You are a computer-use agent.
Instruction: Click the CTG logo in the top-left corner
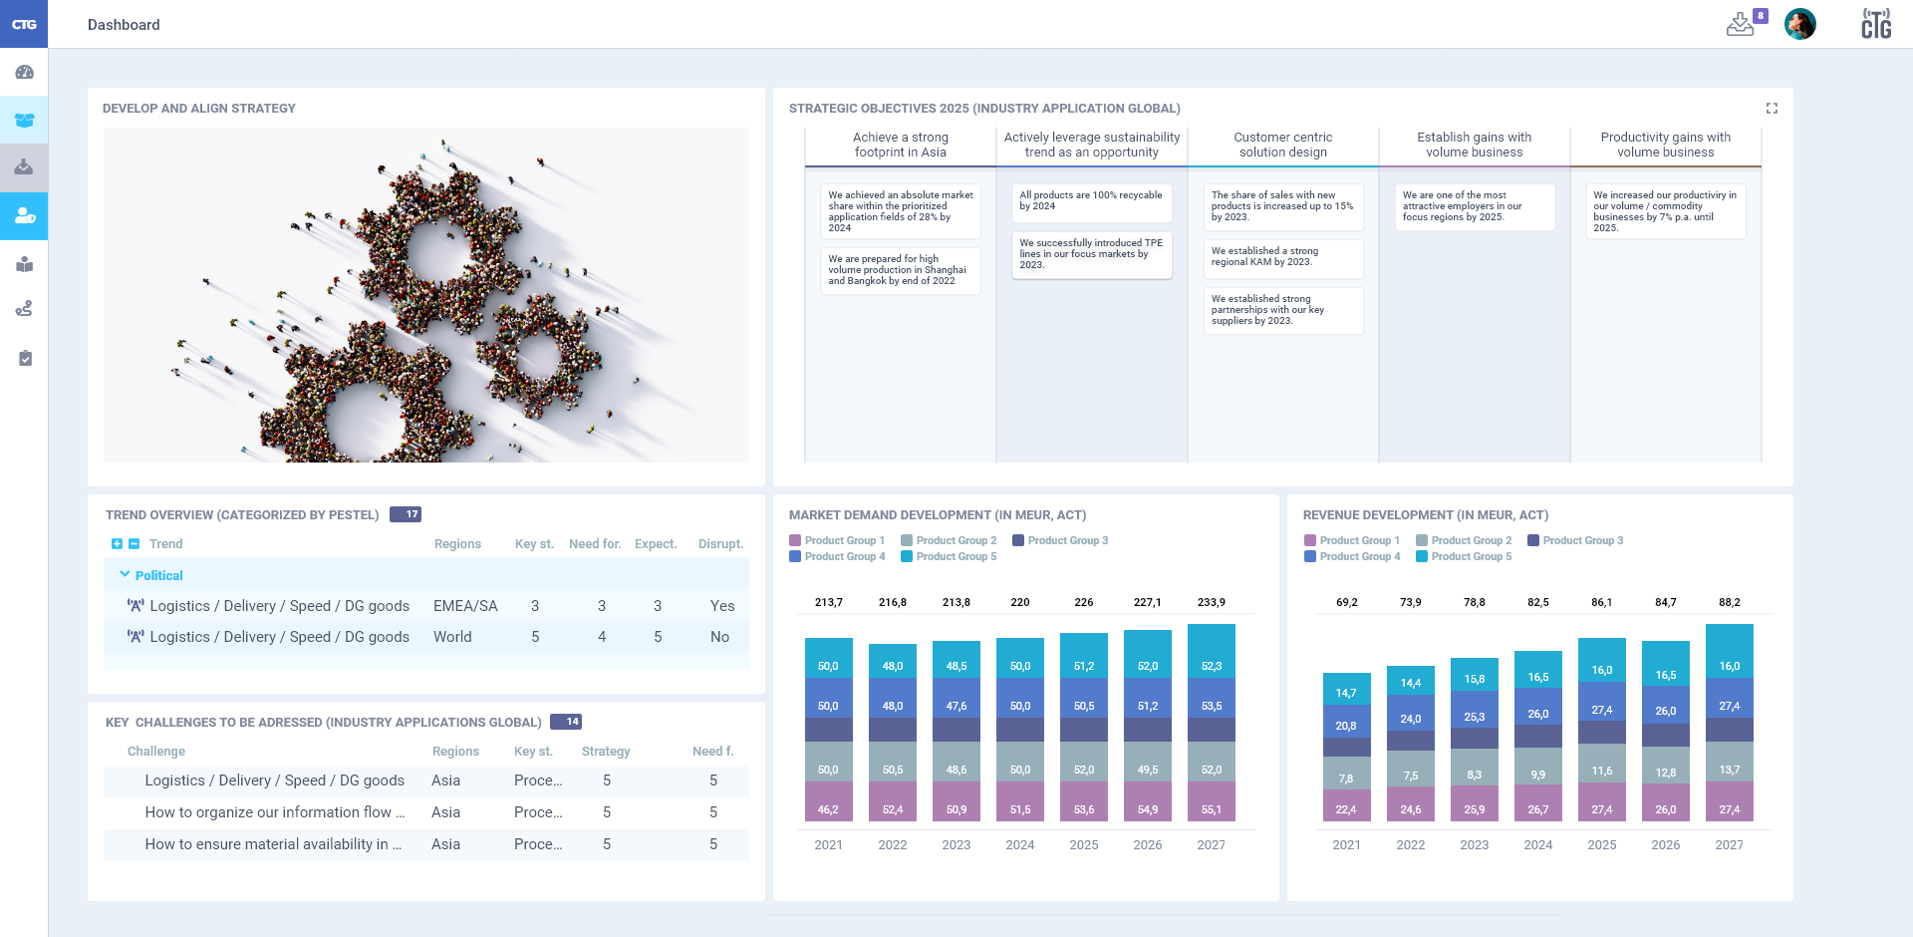tap(24, 24)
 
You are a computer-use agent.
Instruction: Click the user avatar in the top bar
tap(1799, 24)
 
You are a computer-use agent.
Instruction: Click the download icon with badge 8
tap(1740, 24)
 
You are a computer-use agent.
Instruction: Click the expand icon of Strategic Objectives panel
tap(1772, 108)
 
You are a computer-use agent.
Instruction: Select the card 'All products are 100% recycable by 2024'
tap(1091, 201)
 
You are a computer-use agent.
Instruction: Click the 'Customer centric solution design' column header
tap(1282, 145)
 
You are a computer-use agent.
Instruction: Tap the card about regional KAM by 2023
tap(1282, 257)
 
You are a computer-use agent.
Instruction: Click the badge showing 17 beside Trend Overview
tap(406, 514)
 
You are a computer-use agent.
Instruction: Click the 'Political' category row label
tap(158, 575)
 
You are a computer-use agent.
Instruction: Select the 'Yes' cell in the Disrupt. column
tap(721, 606)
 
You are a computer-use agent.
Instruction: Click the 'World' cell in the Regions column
tap(452, 637)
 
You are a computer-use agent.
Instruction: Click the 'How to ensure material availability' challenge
tap(273, 844)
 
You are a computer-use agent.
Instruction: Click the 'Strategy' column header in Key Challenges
tap(606, 752)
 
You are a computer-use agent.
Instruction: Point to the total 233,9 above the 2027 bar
tap(1211, 602)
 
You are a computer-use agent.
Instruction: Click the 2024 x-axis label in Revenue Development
tap(1537, 844)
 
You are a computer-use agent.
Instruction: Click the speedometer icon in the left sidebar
tap(25, 72)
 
